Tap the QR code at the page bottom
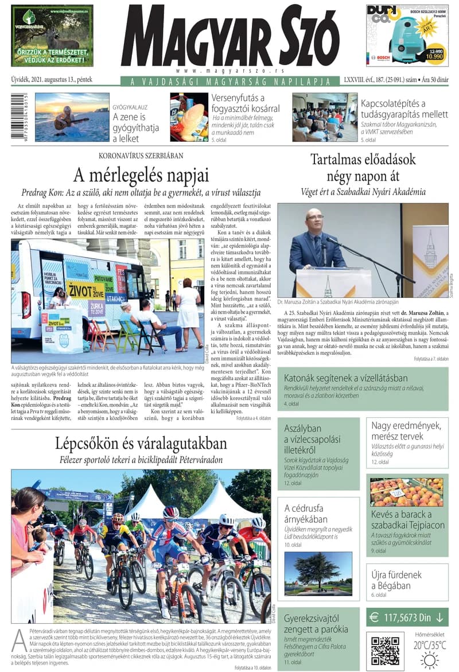click(x=384, y=650)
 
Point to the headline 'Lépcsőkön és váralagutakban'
click(x=141, y=444)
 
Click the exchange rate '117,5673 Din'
click(x=407, y=617)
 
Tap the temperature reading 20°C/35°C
click(x=429, y=644)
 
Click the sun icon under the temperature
click(x=429, y=661)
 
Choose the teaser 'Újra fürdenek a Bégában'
click(x=396, y=580)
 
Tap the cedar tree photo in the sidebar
click(x=318, y=573)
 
